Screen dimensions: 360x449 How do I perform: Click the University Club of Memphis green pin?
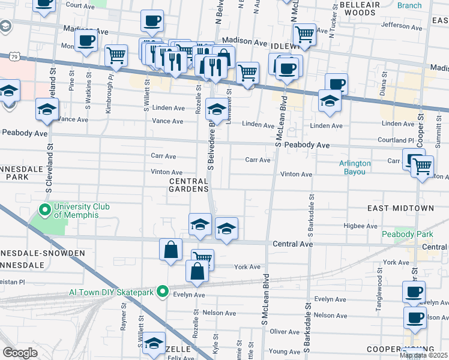pyautogui.click(x=44, y=210)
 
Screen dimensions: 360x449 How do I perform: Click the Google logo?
pyautogui.click(x=20, y=353)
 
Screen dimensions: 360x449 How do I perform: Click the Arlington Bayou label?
pyautogui.click(x=355, y=167)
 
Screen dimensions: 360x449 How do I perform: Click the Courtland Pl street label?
pyautogui.click(x=400, y=140)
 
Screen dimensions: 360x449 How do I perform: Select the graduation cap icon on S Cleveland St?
pyautogui.click(x=46, y=109)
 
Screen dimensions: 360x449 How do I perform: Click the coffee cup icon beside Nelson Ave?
pyautogui.click(x=414, y=316)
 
